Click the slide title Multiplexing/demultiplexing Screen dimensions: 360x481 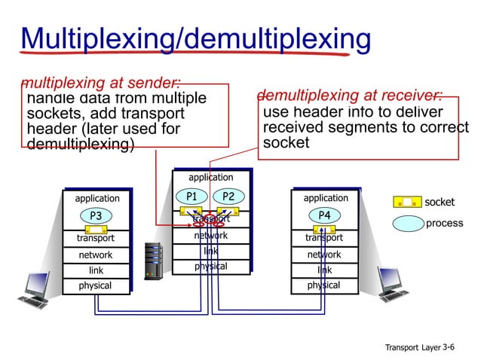coord(195,38)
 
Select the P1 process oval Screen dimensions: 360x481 coord(192,197)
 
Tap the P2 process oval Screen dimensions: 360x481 coord(228,197)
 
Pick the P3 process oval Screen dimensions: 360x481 coord(96,216)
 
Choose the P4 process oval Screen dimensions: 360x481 coord(324,215)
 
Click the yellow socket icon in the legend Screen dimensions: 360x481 coord(407,202)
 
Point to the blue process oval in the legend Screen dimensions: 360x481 coord(408,223)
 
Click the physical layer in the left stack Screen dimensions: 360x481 coord(95,286)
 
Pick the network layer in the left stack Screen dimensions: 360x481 coord(95,255)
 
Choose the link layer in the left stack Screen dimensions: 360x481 coord(96,270)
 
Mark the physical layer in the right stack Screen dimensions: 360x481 coord(323,285)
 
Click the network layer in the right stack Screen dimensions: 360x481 coord(324,255)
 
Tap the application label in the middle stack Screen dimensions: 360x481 coord(211,178)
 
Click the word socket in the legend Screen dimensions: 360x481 coord(440,203)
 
